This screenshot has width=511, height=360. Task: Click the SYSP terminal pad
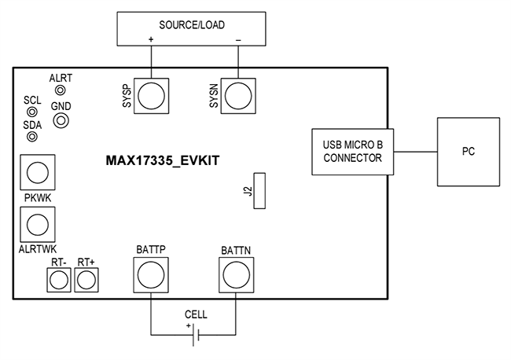click(151, 95)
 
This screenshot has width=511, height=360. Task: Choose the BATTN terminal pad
click(235, 274)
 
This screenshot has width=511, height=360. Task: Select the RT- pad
click(58, 279)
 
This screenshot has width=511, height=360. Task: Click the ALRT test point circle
click(60, 90)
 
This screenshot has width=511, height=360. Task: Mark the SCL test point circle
click(32, 112)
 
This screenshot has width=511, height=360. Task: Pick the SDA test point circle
click(32, 137)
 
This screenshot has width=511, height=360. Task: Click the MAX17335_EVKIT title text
click(162, 160)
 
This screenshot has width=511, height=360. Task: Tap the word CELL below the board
click(196, 314)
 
